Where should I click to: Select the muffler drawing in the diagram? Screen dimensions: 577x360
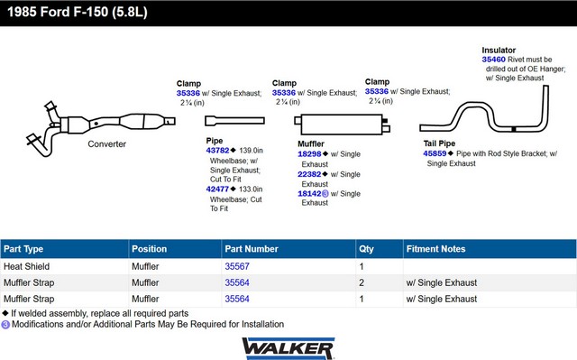(x=342, y=125)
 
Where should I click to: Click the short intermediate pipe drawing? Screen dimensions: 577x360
(x=234, y=121)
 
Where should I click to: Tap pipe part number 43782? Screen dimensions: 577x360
(x=217, y=151)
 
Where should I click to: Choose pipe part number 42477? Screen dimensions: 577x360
(x=217, y=189)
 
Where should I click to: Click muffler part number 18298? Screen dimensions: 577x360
(x=309, y=154)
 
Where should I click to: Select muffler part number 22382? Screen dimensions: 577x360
(x=309, y=174)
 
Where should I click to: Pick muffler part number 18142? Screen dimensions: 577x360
(x=309, y=194)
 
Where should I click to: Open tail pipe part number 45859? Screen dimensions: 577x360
(x=435, y=153)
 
